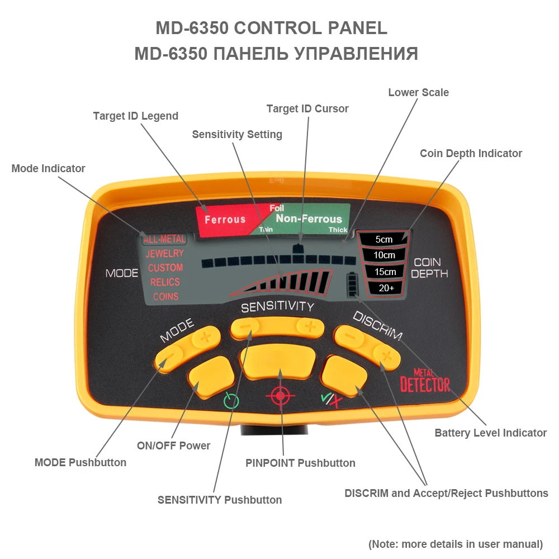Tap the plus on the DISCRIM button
[x=385, y=354]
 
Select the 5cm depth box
[x=384, y=239]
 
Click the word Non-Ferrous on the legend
[x=309, y=219]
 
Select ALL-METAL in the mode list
[x=164, y=239]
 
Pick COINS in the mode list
[x=165, y=296]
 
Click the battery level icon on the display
[x=352, y=285]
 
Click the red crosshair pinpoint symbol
[x=280, y=396]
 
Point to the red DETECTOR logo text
[x=425, y=385]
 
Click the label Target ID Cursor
[x=307, y=108]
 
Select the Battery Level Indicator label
[x=490, y=433]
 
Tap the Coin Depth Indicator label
[x=471, y=153]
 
